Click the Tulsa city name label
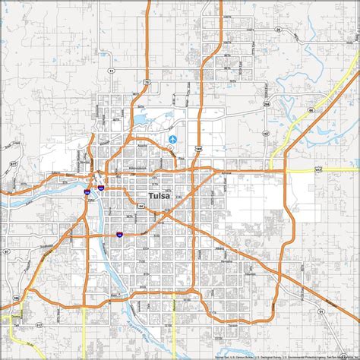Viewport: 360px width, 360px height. (159, 197)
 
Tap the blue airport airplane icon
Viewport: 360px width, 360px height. (174, 139)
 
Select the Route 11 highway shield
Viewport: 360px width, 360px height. (111, 70)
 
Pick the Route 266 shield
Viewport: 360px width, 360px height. (266, 106)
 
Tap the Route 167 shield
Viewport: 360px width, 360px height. (266, 134)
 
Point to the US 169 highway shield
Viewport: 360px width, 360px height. (197, 149)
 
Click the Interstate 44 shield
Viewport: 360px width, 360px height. (119, 235)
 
